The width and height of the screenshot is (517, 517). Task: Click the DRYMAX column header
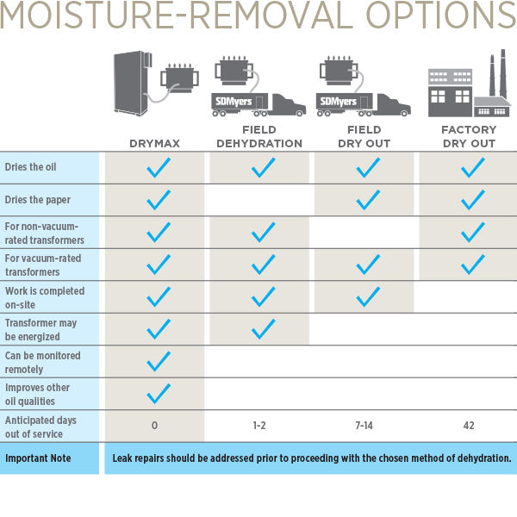pyautogui.click(x=154, y=143)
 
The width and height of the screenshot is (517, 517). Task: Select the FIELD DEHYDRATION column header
pyautogui.click(x=259, y=136)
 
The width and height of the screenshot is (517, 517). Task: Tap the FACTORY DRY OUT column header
pyautogui.click(x=469, y=136)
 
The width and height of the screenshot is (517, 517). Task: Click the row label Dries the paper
pyautogui.click(x=38, y=200)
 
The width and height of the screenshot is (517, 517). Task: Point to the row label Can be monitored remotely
pyautogui.click(x=43, y=362)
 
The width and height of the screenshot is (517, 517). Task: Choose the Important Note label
pyautogui.click(x=38, y=458)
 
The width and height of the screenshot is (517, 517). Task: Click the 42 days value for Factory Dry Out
pyautogui.click(x=469, y=426)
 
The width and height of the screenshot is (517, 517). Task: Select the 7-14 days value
pyautogui.click(x=364, y=426)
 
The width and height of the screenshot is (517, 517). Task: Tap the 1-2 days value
pyautogui.click(x=259, y=426)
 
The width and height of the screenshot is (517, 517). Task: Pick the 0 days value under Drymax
pyautogui.click(x=154, y=426)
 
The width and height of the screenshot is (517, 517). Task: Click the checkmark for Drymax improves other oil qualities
pyautogui.click(x=159, y=394)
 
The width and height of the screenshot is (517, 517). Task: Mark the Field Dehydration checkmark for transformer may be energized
pyautogui.click(x=263, y=329)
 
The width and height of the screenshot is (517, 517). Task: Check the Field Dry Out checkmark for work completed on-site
pyautogui.click(x=368, y=297)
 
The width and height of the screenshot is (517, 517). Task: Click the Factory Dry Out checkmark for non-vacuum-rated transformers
pyautogui.click(x=472, y=233)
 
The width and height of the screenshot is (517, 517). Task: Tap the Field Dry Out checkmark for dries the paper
pyautogui.click(x=368, y=200)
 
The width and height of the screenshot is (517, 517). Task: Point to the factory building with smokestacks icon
pyautogui.click(x=470, y=84)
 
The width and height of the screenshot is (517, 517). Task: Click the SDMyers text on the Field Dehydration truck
pyautogui.click(x=234, y=101)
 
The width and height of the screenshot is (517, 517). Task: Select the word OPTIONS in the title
pyautogui.click(x=441, y=16)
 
